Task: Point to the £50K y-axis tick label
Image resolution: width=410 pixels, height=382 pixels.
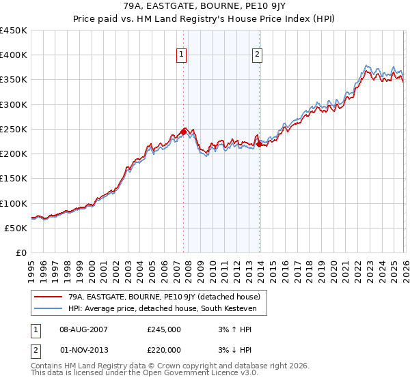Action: (16, 228)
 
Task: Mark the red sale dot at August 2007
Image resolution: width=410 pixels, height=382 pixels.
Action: (183, 132)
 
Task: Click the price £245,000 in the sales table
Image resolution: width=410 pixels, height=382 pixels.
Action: (164, 329)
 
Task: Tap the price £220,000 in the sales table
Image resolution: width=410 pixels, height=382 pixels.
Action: (164, 350)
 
